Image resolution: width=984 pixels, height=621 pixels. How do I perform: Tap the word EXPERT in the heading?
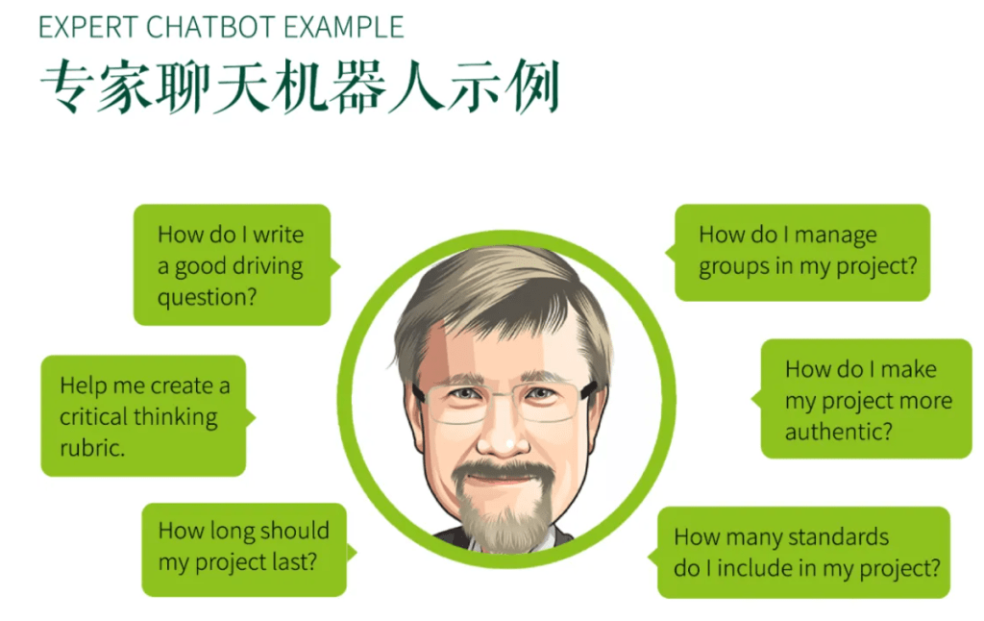[x=87, y=27]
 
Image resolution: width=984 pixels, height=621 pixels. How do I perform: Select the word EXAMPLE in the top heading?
[x=344, y=27]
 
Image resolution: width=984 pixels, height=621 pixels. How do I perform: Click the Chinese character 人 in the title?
[x=416, y=87]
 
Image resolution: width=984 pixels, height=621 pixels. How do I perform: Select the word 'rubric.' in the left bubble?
[x=92, y=448]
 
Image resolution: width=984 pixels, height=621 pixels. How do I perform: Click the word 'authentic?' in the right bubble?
[x=838, y=432]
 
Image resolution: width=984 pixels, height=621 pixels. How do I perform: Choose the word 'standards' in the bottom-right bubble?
[x=838, y=537]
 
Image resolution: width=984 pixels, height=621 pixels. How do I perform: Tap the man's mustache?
[x=502, y=469]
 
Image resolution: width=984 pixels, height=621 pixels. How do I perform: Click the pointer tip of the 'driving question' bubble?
[x=339, y=267]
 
